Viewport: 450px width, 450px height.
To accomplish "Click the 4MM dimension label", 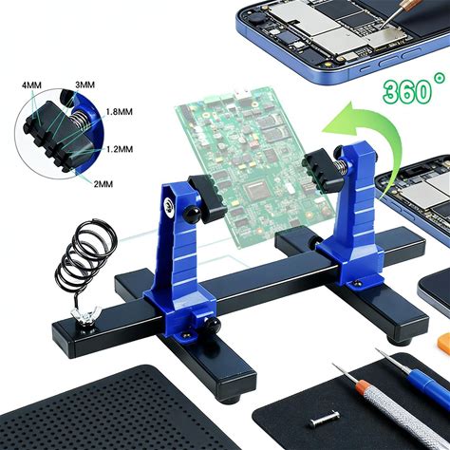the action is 31,85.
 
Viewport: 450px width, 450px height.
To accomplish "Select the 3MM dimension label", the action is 84,84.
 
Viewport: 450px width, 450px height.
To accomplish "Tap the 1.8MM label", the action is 119,112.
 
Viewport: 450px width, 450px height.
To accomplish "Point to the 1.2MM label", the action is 120,149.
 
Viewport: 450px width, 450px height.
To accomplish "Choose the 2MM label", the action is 103,184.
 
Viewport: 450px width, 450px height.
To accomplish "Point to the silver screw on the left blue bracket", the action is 169,207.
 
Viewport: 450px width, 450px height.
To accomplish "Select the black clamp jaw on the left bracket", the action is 207,197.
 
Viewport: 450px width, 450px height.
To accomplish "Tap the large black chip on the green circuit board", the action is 258,192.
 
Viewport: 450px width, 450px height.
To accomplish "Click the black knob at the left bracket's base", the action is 212,326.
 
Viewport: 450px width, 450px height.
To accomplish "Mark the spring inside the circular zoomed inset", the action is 77,120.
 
